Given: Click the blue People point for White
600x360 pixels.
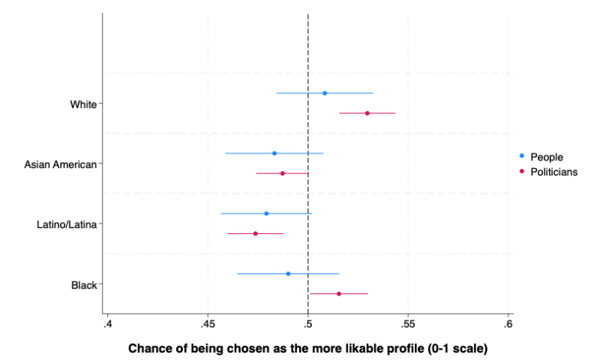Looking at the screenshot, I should [x=325, y=93].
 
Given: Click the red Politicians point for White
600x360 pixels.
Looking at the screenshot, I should [x=367, y=113].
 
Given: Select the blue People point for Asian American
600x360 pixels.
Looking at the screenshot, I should [x=274, y=153].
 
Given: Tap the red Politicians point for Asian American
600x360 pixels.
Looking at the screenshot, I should [x=283, y=173].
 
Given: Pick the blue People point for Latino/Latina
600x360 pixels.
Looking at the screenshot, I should [x=266, y=214].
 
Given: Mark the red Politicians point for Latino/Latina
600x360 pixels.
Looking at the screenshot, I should [x=256, y=233].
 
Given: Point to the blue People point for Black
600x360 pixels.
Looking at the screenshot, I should [x=288, y=274].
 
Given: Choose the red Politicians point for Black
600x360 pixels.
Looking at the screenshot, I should [x=339, y=293].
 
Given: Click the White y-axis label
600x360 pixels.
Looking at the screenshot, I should [x=83, y=104].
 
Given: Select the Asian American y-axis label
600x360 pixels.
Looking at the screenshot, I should [x=61, y=164].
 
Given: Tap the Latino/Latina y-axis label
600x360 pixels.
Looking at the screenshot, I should [x=67, y=224].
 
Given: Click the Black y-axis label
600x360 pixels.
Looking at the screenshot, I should [x=84, y=285].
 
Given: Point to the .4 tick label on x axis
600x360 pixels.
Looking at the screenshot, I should [x=108, y=324].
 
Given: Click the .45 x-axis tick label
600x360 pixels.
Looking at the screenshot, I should [x=208, y=324].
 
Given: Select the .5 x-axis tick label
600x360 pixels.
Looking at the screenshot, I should [x=308, y=324].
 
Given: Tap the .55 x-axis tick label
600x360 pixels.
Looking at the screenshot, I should [x=408, y=324].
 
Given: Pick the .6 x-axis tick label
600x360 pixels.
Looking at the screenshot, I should [x=508, y=324].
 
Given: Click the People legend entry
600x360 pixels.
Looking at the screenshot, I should [x=546, y=157].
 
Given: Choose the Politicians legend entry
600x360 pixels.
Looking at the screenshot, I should [x=553, y=172].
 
